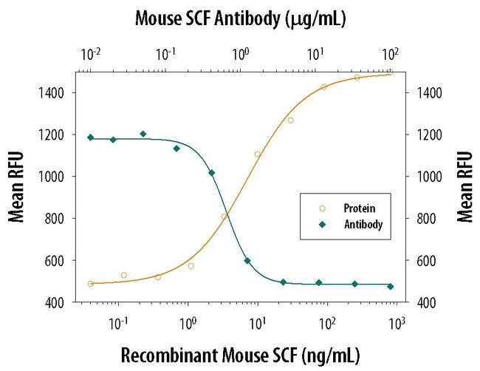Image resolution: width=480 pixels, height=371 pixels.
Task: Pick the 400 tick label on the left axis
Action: click(58, 303)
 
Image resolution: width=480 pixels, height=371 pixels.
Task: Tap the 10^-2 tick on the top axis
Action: click(91, 55)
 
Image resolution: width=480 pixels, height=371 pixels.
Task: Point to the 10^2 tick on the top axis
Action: click(391, 55)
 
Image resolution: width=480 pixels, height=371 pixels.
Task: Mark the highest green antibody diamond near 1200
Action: click(143, 134)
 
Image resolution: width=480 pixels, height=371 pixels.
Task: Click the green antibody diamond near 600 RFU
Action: click(247, 261)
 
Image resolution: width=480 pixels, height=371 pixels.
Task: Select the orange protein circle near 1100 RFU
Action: click(258, 154)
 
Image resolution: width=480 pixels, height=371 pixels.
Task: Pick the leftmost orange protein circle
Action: click(91, 284)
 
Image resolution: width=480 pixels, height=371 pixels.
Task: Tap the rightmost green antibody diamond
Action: click(391, 286)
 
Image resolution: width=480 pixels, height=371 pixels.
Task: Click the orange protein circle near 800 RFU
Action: click(224, 217)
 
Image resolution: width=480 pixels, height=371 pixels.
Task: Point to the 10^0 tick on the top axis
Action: click(241, 55)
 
